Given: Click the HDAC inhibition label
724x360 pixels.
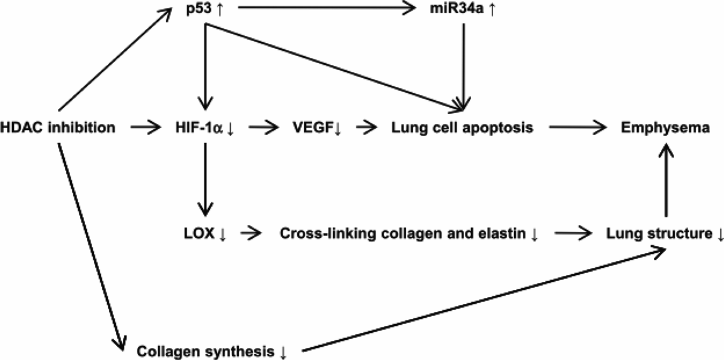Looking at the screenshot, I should (x=57, y=128).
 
